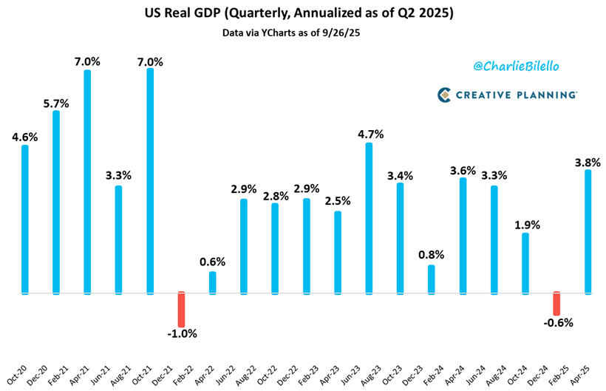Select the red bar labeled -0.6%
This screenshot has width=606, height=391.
pos(557,303)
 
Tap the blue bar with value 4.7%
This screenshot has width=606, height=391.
pos(369,218)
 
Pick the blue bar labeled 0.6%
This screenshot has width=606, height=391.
pos(212,282)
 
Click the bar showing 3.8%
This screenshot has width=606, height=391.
pos(588,231)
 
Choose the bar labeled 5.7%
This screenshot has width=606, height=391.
pos(55,202)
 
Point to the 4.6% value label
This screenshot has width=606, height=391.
pos(24,136)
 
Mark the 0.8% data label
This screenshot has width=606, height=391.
pos(432,256)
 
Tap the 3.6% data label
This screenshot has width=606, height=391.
pos(463,169)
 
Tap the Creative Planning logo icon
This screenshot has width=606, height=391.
pos(444,95)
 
